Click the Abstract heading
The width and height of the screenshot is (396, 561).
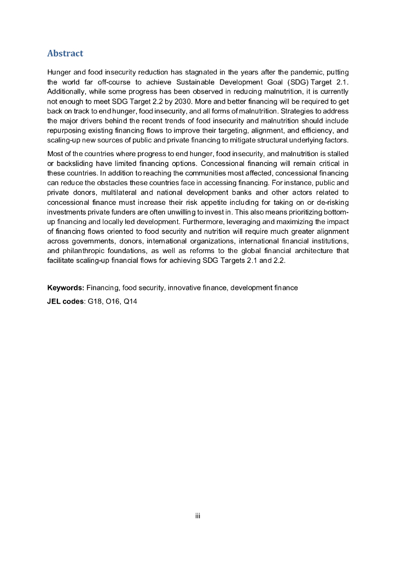[65, 54]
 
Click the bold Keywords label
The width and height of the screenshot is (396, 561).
[65, 288]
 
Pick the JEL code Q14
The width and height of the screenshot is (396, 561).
[130, 300]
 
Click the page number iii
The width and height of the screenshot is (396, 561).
[198, 515]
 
